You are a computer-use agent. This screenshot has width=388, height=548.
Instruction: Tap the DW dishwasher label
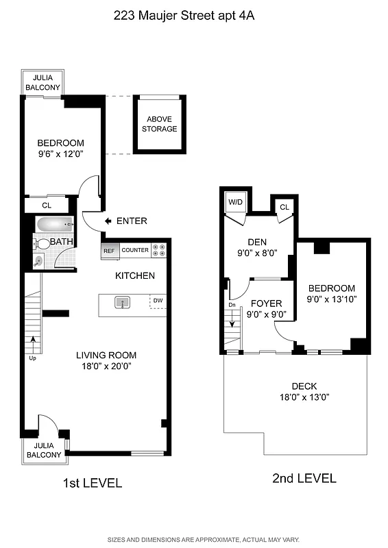click(x=158, y=301)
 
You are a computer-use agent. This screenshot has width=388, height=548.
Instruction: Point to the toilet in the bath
click(x=42, y=243)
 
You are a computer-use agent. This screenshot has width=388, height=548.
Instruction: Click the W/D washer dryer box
click(x=235, y=202)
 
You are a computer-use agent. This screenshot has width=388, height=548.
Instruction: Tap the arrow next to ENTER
click(x=108, y=221)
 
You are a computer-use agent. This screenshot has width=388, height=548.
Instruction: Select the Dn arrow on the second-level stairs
click(x=231, y=316)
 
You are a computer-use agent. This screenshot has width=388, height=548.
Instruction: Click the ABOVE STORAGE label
click(x=159, y=124)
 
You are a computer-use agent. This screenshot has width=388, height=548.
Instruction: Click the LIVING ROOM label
click(x=106, y=355)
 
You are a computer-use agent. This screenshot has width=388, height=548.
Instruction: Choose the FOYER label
click(x=266, y=303)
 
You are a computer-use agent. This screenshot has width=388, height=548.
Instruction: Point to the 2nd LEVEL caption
click(x=304, y=478)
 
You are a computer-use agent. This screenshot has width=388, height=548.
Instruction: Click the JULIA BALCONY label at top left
click(x=43, y=82)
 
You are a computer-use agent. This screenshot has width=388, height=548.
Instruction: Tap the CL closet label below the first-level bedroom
click(x=47, y=205)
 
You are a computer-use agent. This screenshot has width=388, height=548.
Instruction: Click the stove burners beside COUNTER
click(x=159, y=251)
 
